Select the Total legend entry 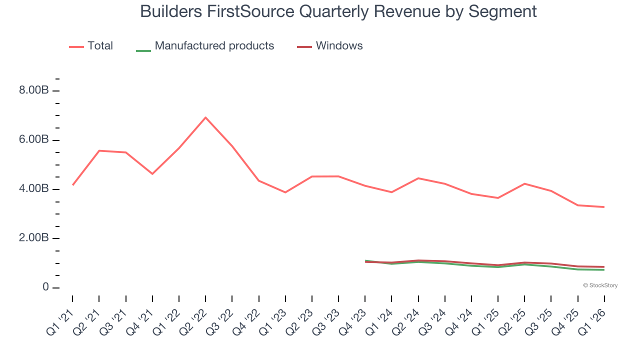[x=91, y=46]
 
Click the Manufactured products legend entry [x=205, y=46]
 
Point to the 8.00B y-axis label [x=34, y=91]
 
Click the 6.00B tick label [x=34, y=140]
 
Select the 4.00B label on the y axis [x=34, y=189]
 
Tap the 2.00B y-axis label [x=34, y=238]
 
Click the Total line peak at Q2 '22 [x=205, y=117]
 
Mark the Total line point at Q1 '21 [x=73, y=185]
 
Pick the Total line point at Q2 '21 [x=99, y=150]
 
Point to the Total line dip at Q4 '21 [x=152, y=174]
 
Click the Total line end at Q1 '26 [x=604, y=207]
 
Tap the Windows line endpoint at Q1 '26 [x=604, y=266]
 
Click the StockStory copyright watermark [x=600, y=285]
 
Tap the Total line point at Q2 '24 [x=418, y=178]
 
